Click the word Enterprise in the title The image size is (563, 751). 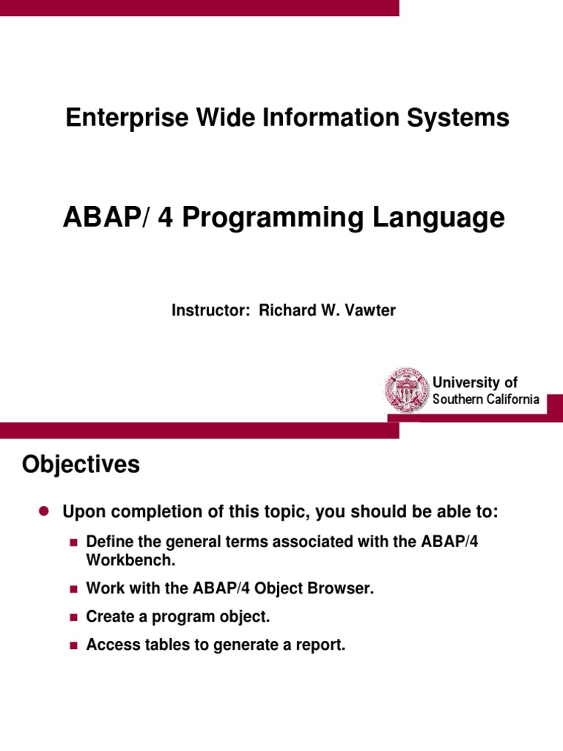[127, 118]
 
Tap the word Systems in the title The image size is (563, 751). [457, 118]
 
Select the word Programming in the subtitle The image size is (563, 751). [273, 218]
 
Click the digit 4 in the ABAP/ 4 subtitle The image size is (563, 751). [165, 217]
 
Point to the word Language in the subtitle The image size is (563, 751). [438, 218]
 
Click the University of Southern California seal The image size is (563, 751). [406, 390]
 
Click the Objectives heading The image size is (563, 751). [81, 464]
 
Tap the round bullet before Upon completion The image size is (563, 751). [45, 511]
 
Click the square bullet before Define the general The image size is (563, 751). [73, 543]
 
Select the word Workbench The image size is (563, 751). [130, 560]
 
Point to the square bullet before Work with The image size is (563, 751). [73, 589]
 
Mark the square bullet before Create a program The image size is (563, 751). [73, 618]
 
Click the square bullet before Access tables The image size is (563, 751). [73, 645]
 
